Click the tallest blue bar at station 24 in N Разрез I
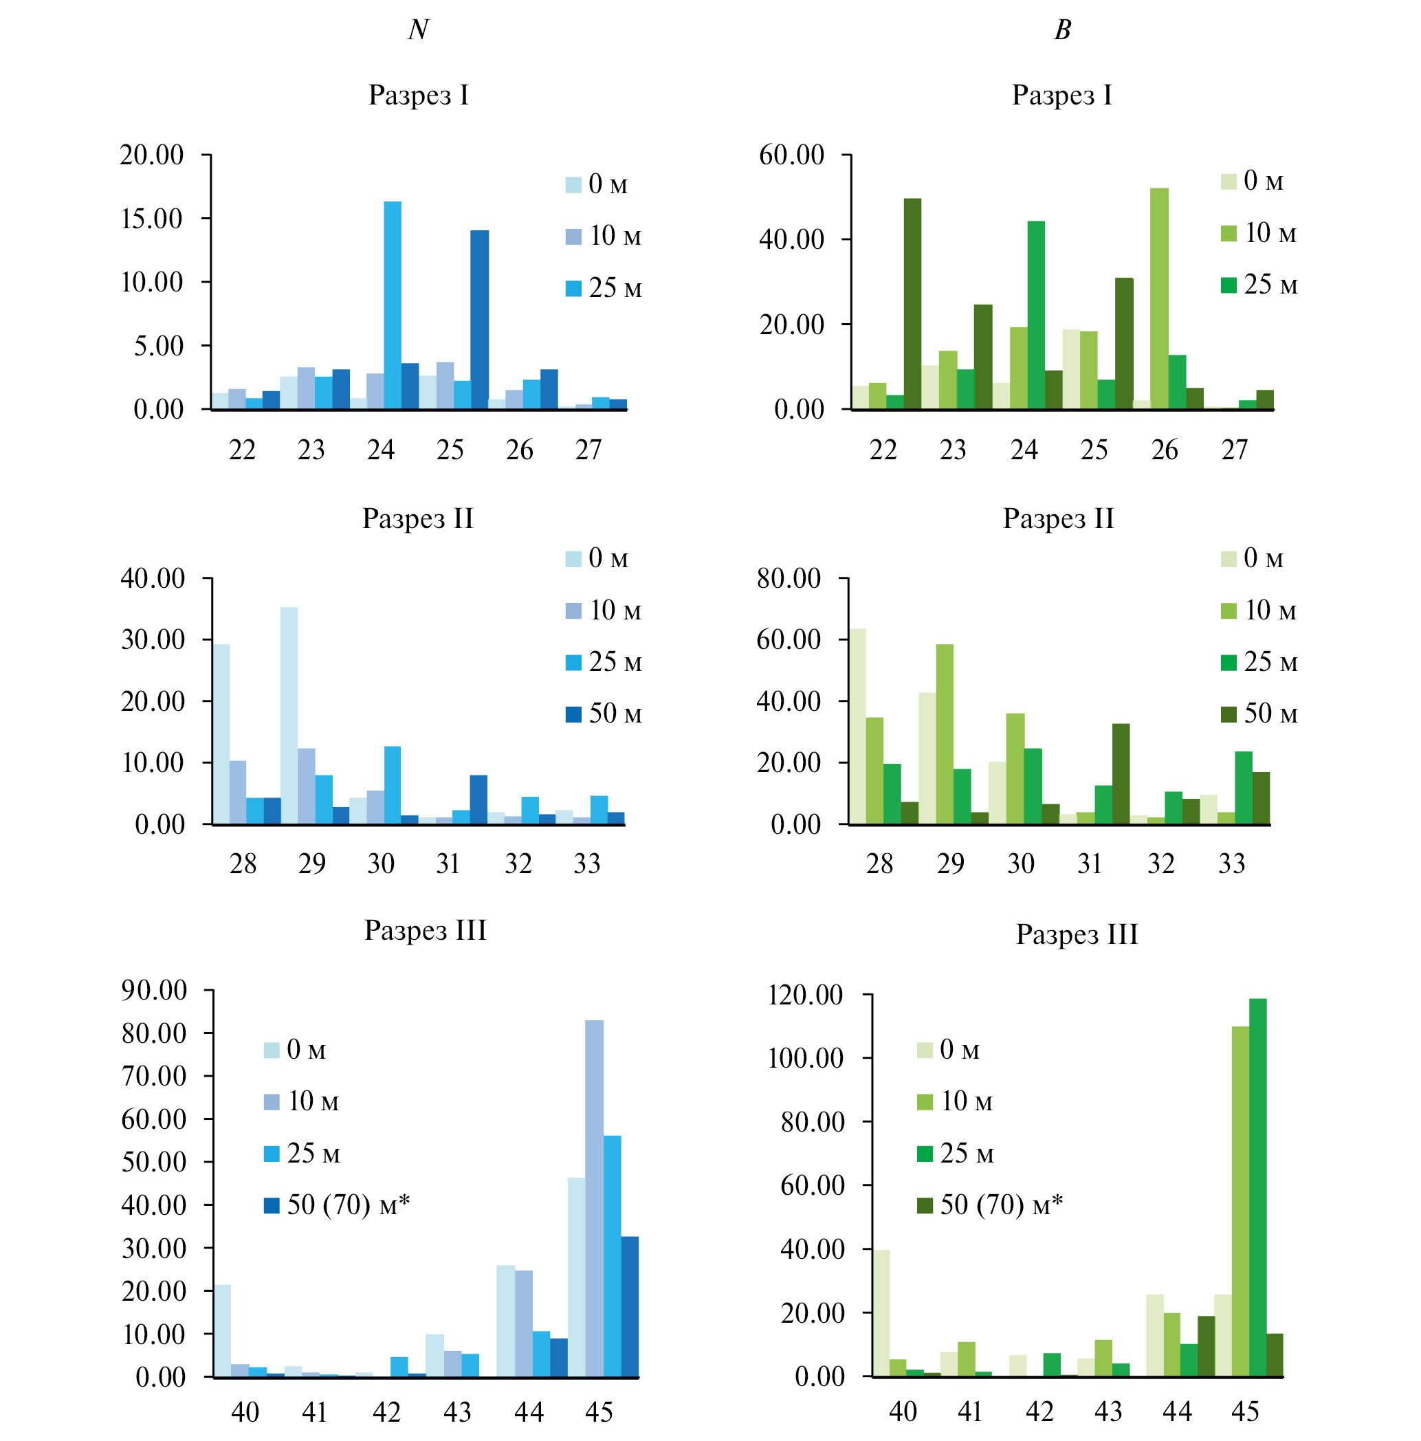point(393,305)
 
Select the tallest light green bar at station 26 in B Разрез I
point(1158,298)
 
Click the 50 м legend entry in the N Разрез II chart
point(603,714)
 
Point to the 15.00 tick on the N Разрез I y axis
point(151,219)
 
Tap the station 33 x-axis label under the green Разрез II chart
point(1231,863)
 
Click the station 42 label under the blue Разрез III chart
point(386,1411)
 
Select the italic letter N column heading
point(418,30)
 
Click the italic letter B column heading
point(1061,30)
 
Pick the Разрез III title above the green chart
point(1077,934)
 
